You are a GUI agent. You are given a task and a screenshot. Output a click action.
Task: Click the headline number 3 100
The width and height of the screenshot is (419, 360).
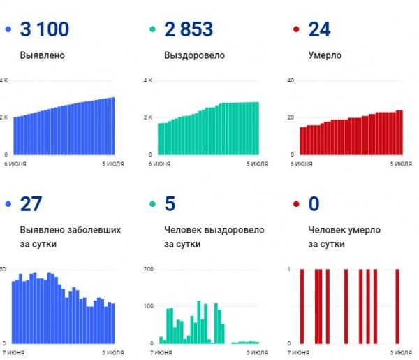click(x=45, y=30)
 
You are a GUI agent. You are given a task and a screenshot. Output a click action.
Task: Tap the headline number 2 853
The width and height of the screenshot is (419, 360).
click(x=189, y=30)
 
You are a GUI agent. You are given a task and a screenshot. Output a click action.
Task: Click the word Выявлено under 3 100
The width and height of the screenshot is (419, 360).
click(x=44, y=55)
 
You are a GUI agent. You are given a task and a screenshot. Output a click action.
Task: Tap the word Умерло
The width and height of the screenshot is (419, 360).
click(x=325, y=55)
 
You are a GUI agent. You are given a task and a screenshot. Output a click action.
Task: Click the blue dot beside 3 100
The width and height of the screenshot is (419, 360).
click(x=8, y=30)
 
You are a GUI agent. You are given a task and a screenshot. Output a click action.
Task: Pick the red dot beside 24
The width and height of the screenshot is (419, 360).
click(x=296, y=30)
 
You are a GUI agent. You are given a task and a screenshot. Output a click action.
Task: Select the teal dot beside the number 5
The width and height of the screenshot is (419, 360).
click(x=153, y=204)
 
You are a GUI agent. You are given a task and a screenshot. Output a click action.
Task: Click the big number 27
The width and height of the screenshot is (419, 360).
click(x=31, y=204)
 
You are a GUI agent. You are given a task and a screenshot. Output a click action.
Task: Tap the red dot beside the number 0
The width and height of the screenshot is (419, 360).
click(x=296, y=204)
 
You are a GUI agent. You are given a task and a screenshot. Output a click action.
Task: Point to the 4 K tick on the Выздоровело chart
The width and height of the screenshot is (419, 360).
click(x=147, y=81)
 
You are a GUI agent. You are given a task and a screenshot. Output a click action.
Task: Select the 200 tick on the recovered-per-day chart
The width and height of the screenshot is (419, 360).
click(x=147, y=269)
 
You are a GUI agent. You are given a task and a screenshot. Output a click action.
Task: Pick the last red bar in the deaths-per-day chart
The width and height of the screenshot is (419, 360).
click(x=397, y=306)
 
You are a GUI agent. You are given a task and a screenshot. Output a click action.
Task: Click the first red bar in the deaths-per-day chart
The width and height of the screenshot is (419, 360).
click(x=302, y=306)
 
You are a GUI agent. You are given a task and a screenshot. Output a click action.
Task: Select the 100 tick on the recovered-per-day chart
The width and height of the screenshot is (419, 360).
click(x=147, y=306)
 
